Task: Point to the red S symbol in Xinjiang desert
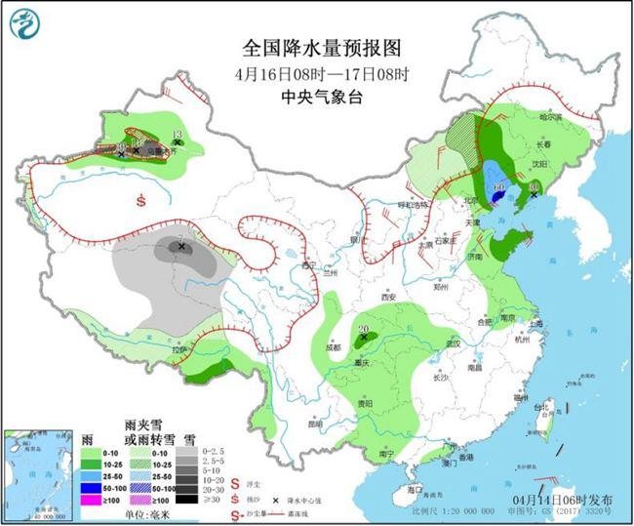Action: [142, 202]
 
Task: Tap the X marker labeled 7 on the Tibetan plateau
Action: [181, 248]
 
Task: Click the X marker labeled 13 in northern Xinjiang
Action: [177, 143]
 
